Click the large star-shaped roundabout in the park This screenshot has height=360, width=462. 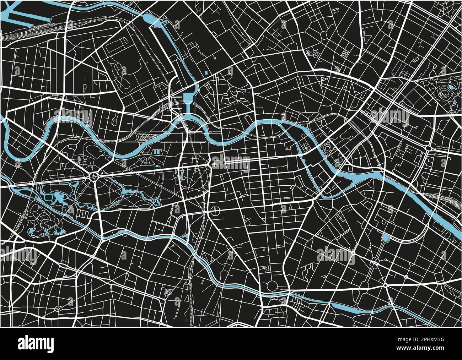coord(94,175)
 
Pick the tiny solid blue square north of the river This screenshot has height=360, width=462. coord(206,73)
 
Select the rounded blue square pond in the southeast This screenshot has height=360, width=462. coord(385,238)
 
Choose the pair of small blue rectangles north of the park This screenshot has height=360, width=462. coord(157,152)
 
